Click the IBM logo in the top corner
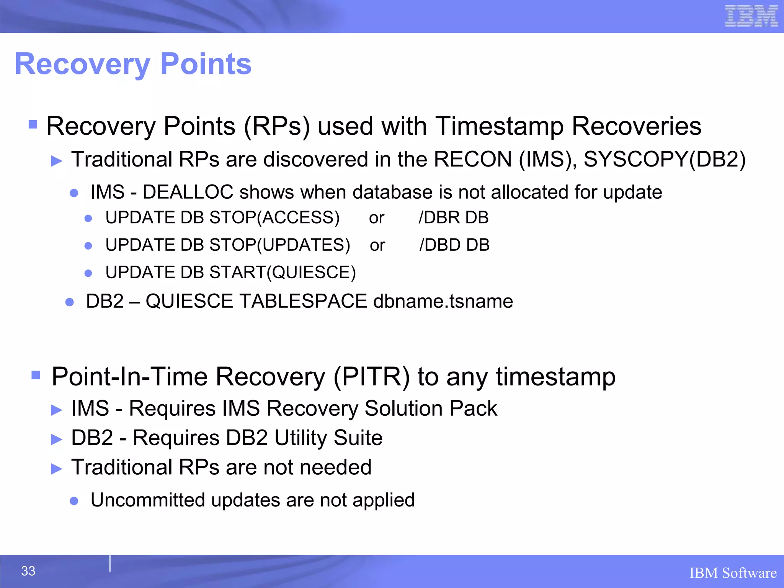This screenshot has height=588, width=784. click(x=751, y=16)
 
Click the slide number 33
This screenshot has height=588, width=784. click(x=28, y=571)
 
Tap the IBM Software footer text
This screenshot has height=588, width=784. click(x=733, y=573)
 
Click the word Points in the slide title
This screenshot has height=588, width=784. click(x=206, y=64)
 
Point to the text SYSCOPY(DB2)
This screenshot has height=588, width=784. click(x=665, y=159)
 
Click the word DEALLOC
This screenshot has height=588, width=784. click(x=188, y=192)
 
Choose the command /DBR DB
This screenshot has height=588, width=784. click(x=454, y=217)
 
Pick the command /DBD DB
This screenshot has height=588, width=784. click(x=454, y=245)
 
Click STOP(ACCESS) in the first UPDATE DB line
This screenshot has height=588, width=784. click(x=274, y=217)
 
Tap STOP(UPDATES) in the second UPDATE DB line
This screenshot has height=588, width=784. click(x=280, y=245)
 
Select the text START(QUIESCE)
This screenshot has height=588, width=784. click(x=283, y=273)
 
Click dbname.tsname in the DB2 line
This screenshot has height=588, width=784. click(x=443, y=301)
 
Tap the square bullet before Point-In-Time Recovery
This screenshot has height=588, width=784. click(x=36, y=375)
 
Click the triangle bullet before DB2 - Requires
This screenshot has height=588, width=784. click(x=57, y=439)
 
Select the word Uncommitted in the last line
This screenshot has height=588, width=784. click(x=148, y=500)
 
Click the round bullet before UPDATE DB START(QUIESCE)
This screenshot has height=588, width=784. click(x=88, y=273)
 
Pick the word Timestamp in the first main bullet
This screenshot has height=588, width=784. click(x=499, y=126)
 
